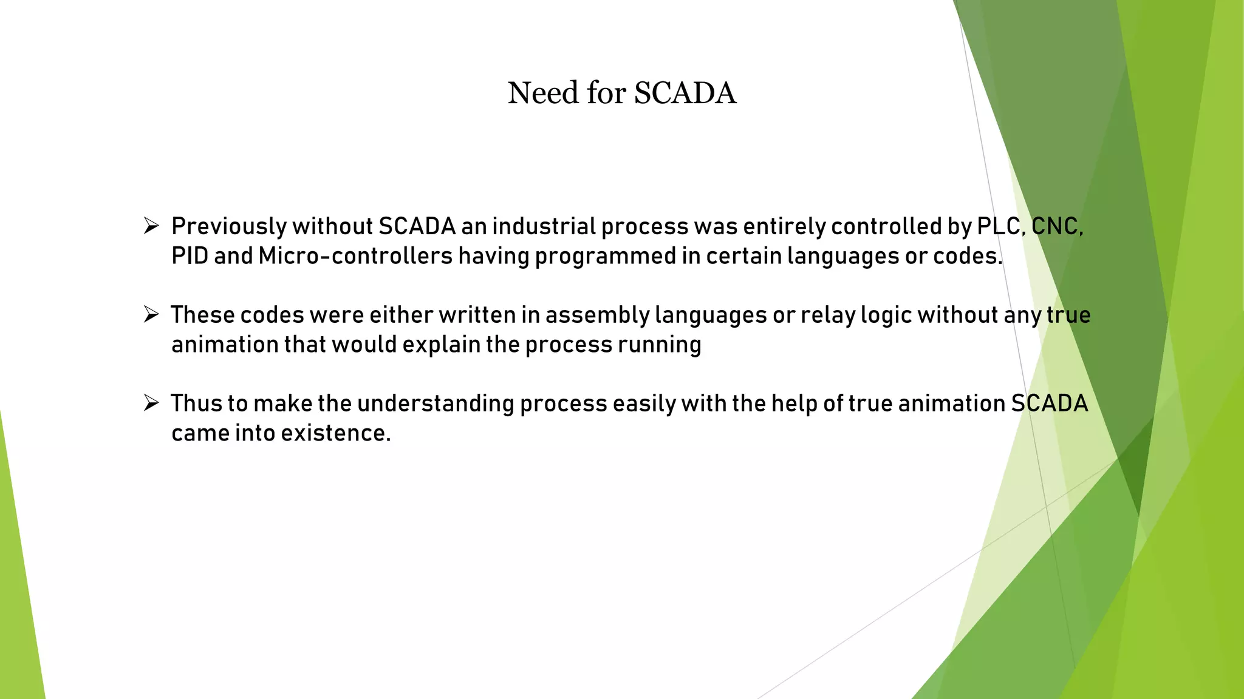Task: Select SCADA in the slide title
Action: click(x=685, y=93)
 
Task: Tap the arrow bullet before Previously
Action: click(x=151, y=226)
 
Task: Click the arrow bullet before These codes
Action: click(x=151, y=315)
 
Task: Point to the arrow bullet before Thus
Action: click(x=151, y=404)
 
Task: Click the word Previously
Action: click(x=228, y=227)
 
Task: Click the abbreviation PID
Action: click(x=190, y=256)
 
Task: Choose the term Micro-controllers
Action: click(x=355, y=256)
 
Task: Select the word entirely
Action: click(x=784, y=227)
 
